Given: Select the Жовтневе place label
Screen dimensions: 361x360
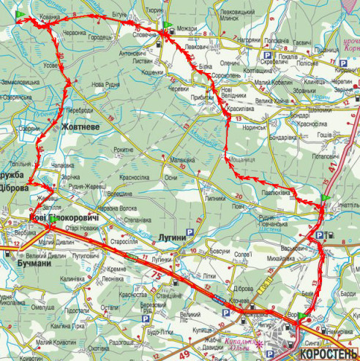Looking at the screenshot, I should pyautogui.click(x=81, y=126).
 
